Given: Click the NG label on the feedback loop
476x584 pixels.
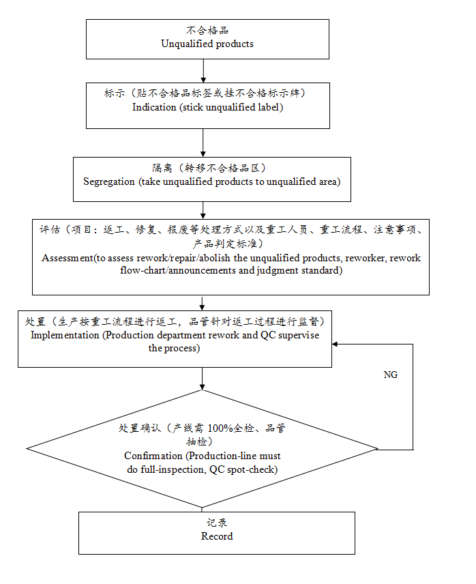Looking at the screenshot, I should pyautogui.click(x=391, y=375).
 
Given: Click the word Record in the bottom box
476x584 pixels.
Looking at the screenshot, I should pyautogui.click(x=217, y=536).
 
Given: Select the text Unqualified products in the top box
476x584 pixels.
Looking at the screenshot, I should pyautogui.click(x=207, y=44).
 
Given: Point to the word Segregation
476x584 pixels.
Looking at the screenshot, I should pyautogui.click(x=110, y=181).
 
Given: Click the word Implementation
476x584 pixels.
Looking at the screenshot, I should pyautogui.click(x=65, y=336).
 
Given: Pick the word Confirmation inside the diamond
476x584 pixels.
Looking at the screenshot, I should pyautogui.click(x=153, y=456).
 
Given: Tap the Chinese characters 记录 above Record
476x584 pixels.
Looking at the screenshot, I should pyautogui.click(x=217, y=523).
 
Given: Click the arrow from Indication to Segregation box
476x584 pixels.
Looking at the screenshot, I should pyautogui.click(x=204, y=143).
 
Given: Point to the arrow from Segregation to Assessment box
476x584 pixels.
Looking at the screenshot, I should pyautogui.click(x=203, y=210).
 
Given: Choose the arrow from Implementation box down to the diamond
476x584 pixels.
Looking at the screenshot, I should pyautogui.click(x=203, y=378).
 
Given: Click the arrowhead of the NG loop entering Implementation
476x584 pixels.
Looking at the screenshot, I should pyautogui.click(x=336, y=344).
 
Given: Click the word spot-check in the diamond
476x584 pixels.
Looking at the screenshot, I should pyautogui.click(x=254, y=469).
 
